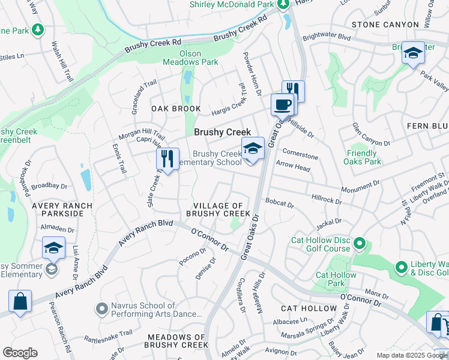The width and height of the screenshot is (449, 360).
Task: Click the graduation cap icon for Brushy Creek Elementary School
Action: pos(253,149)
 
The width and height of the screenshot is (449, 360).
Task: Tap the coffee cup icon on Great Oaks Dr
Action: pos(282,105)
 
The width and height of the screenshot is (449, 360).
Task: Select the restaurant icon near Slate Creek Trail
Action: pos(167,159)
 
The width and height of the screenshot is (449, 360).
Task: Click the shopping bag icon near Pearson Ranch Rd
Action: pos(20,301)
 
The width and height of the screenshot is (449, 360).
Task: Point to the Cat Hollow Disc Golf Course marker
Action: pos(360,243)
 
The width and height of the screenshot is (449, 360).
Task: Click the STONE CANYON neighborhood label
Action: pos(384,25)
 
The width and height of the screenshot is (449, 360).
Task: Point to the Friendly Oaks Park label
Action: pos(364,157)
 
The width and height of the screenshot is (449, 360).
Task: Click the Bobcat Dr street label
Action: pos(279,204)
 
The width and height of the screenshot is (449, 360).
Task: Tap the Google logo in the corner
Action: pos(20,353)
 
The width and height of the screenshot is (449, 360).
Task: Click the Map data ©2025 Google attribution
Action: pos(412,355)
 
